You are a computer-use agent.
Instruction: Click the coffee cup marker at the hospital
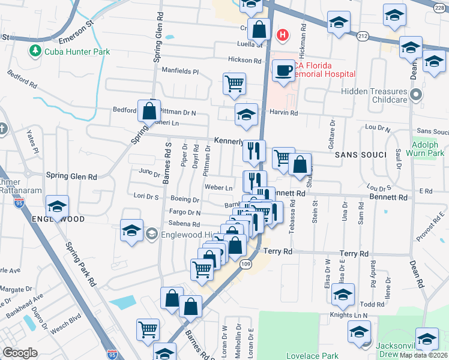(x=283, y=71)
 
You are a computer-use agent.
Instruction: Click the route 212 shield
(x=362, y=37)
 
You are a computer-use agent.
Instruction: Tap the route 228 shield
(x=441, y=5)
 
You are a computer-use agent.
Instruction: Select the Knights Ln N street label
(x=348, y=314)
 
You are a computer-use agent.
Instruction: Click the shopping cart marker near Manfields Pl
(x=234, y=85)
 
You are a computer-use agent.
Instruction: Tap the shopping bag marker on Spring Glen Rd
(x=149, y=112)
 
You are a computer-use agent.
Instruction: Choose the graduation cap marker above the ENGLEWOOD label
(x=57, y=206)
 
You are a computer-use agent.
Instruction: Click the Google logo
(x=20, y=353)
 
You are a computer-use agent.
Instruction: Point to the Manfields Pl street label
(x=180, y=71)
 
